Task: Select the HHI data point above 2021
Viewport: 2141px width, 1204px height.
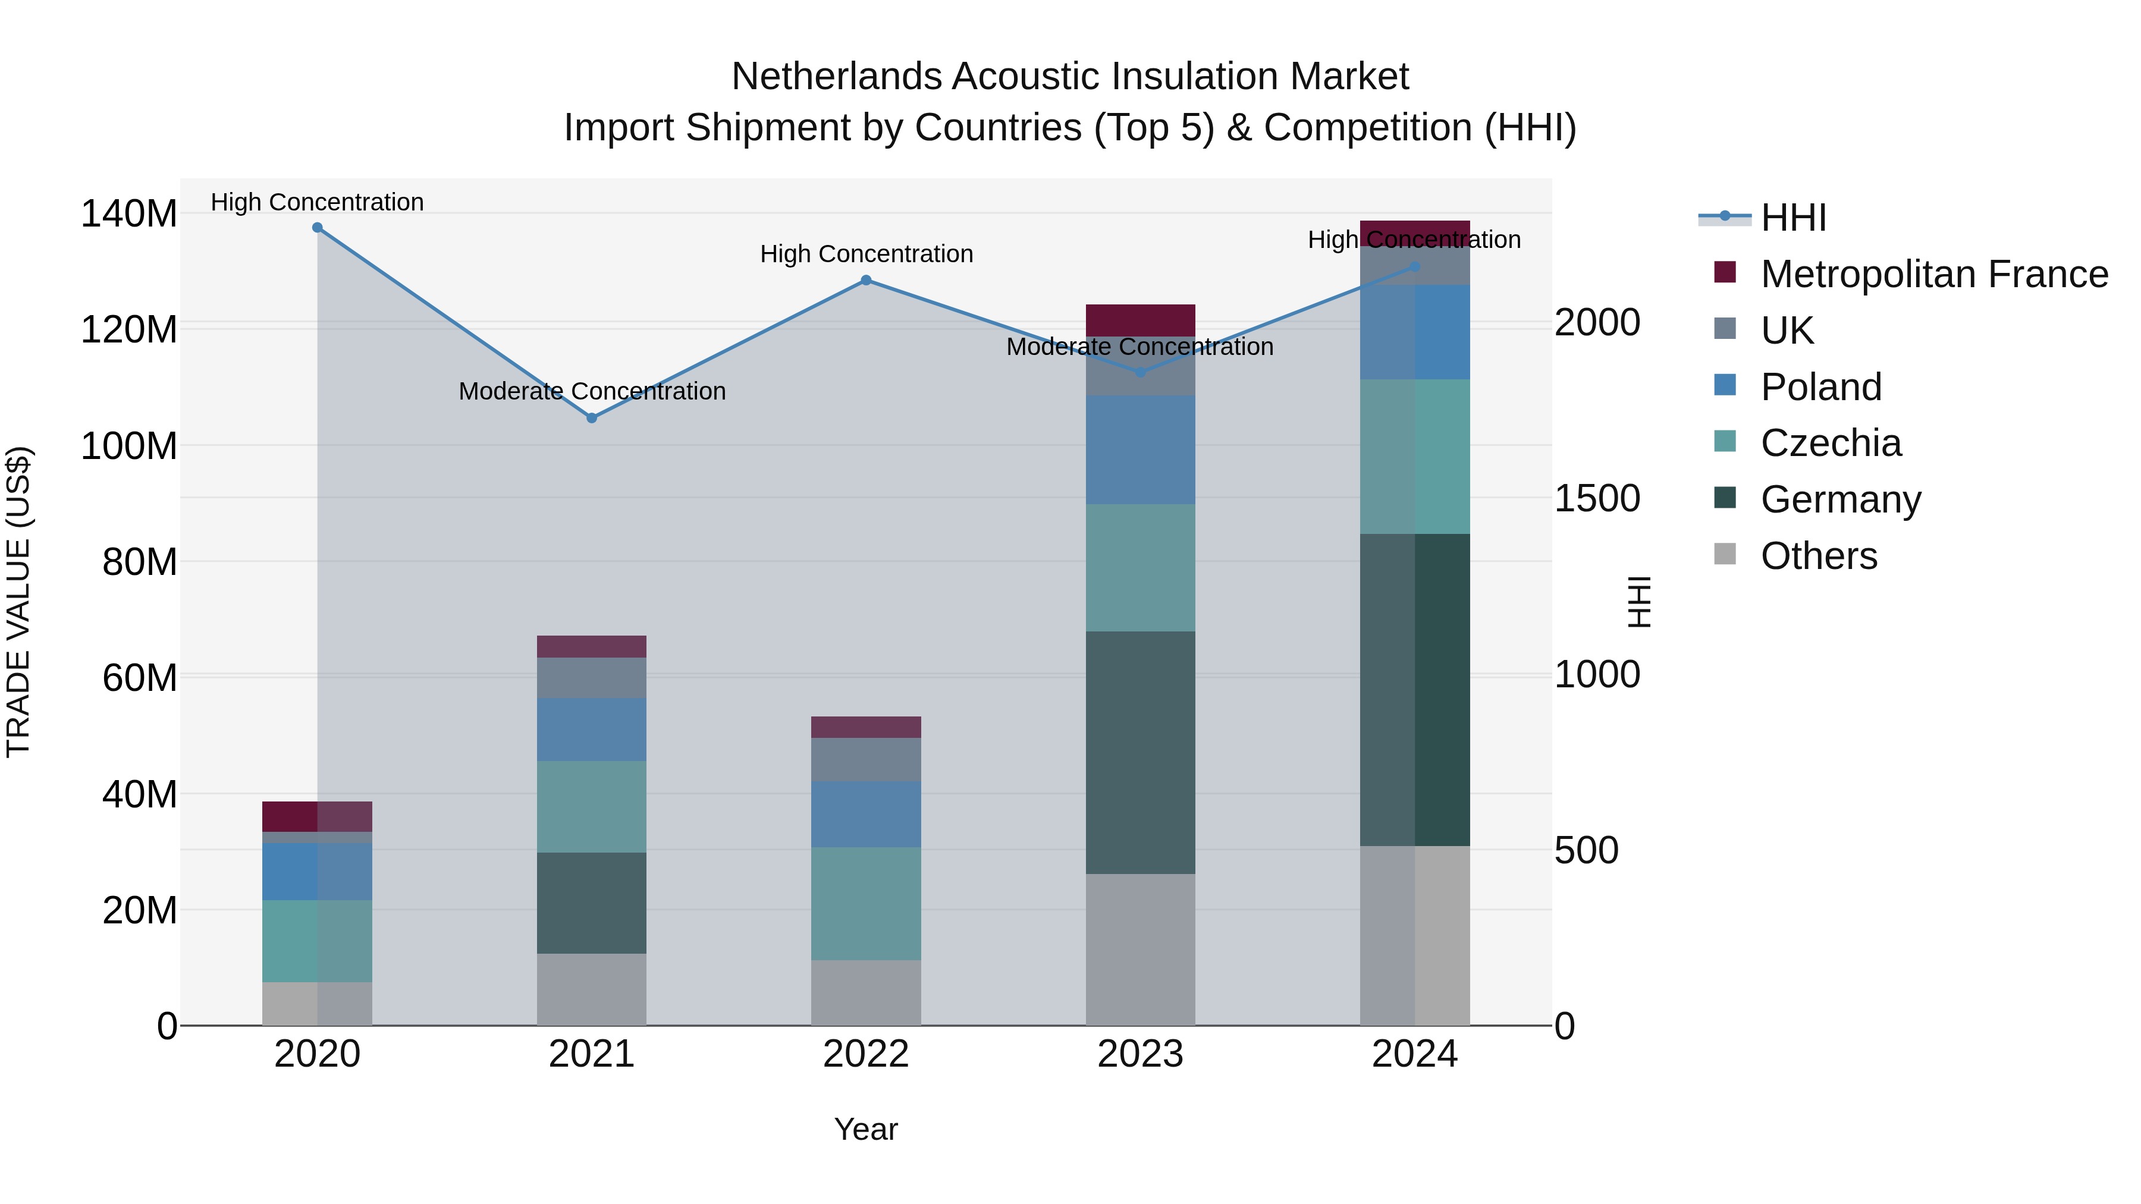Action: [592, 418]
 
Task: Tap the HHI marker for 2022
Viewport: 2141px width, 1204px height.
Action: [866, 280]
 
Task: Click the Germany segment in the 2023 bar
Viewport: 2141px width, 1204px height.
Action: [1140, 752]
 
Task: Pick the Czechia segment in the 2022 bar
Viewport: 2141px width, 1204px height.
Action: [866, 903]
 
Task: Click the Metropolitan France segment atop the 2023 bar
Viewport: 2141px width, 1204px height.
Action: [1140, 320]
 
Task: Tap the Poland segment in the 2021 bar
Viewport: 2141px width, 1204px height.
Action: [592, 730]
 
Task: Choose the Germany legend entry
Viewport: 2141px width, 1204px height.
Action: [1840, 499]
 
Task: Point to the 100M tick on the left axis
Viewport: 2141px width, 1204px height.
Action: [129, 446]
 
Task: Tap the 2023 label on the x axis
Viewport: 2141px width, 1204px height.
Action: [1140, 1054]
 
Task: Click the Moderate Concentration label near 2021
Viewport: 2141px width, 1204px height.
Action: [592, 391]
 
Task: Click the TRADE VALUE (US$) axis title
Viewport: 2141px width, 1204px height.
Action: [18, 602]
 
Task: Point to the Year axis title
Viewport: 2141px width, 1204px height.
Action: [866, 1129]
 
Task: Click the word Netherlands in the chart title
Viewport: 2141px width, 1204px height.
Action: [837, 77]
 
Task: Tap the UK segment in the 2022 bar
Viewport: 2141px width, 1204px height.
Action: [866, 759]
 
